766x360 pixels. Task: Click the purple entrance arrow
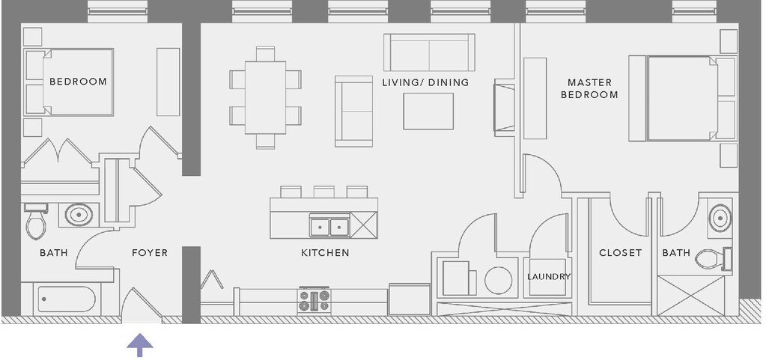tap(140, 346)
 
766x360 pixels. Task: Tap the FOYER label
tap(150, 253)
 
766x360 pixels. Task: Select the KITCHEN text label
tap(325, 253)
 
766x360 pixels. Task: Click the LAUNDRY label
tap(549, 277)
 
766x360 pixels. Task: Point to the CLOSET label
tap(620, 253)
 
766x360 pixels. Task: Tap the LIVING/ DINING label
tap(425, 82)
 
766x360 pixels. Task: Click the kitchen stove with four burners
tap(314, 300)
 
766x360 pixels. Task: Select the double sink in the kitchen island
tap(329, 225)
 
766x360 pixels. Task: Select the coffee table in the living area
tap(428, 111)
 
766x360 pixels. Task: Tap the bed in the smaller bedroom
tap(71, 82)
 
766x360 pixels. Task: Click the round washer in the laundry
tap(498, 281)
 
